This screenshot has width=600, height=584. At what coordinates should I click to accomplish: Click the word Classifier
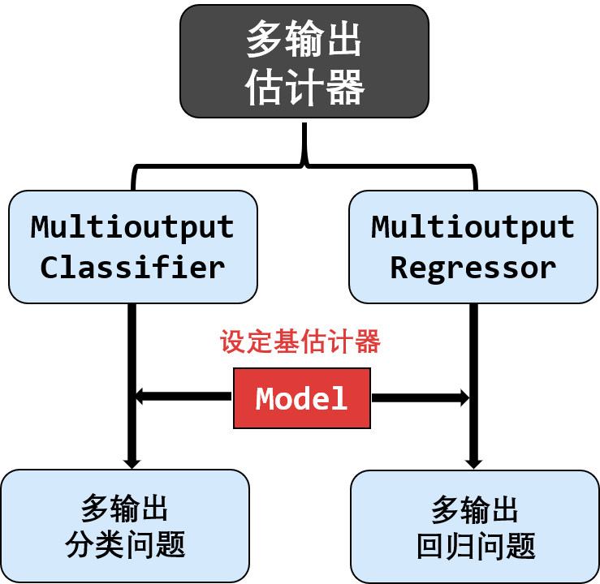[x=132, y=267]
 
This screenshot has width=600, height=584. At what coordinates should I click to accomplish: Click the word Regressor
[x=473, y=267]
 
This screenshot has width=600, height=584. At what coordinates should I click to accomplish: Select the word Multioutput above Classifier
[x=132, y=227]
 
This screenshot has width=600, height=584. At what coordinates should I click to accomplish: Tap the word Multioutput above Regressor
[x=473, y=227]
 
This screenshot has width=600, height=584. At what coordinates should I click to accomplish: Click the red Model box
[x=302, y=398]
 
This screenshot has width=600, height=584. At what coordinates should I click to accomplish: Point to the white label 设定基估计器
[x=303, y=341]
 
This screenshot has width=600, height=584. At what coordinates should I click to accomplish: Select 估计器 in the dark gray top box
[x=304, y=87]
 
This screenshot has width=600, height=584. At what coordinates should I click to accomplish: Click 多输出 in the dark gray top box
[x=304, y=40]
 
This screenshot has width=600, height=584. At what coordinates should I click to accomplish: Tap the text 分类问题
[x=125, y=544]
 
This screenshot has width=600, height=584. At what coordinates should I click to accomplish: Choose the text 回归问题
[x=475, y=546]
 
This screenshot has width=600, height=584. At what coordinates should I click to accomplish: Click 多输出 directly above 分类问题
[x=125, y=509]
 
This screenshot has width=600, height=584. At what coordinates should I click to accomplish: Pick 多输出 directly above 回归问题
[x=475, y=510]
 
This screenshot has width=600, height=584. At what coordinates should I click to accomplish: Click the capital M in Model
[x=265, y=399]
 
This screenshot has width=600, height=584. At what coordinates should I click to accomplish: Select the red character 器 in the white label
[x=368, y=341]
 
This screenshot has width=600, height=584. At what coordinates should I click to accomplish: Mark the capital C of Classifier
[x=50, y=267]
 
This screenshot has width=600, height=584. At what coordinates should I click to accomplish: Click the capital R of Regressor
[x=399, y=267]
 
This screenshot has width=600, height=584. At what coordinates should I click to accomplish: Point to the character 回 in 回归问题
[x=430, y=546]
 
